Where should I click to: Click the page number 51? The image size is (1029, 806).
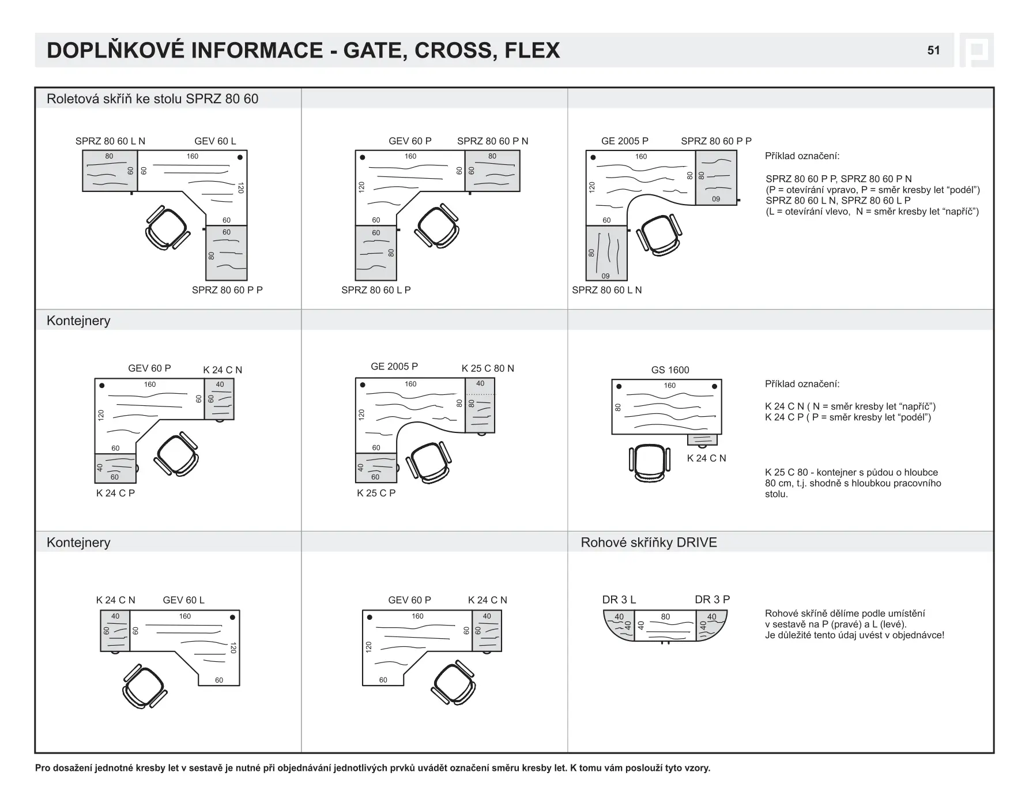[933, 51]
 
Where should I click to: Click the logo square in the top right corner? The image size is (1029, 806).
[977, 51]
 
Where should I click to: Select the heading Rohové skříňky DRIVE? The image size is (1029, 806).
[649, 543]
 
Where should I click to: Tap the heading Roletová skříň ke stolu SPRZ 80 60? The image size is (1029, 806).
[152, 99]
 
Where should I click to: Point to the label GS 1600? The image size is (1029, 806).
[670, 370]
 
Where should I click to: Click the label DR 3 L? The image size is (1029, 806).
[619, 600]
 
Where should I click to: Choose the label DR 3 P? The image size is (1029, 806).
[712, 600]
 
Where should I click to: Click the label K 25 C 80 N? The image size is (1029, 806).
[488, 368]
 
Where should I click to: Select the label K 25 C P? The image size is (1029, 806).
[376, 493]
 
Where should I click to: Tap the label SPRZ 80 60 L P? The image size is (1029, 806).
[376, 290]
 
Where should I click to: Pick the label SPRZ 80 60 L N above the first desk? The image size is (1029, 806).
[110, 141]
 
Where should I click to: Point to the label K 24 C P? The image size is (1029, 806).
[115, 493]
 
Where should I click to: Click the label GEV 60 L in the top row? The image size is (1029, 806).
[215, 141]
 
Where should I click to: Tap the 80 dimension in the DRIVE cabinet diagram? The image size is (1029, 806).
[665, 617]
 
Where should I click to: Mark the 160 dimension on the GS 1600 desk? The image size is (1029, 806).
[669, 386]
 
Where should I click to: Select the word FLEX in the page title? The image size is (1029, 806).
[532, 51]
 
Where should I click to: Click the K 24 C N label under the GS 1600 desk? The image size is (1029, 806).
[706, 458]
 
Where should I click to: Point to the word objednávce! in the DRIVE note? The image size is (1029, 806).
[916, 635]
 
